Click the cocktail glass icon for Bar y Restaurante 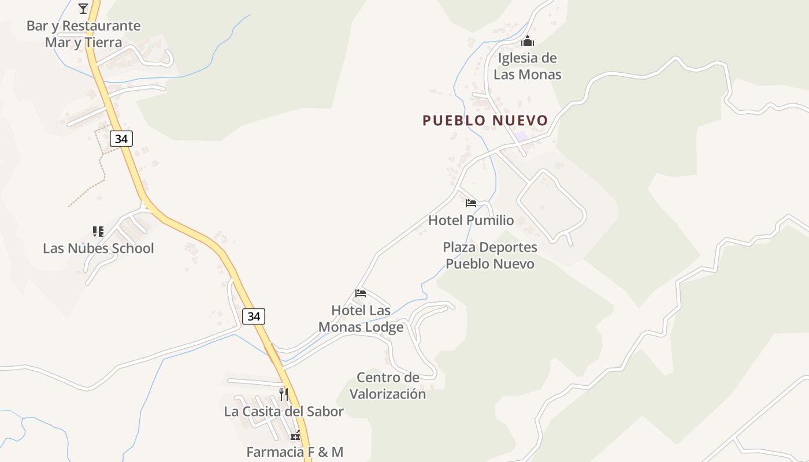pyautogui.click(x=83, y=8)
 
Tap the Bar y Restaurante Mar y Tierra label pyautogui.click(x=84, y=34)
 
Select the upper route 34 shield pyautogui.click(x=121, y=139)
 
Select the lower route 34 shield pyautogui.click(x=254, y=316)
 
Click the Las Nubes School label pyautogui.click(x=98, y=248)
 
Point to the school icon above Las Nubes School pyautogui.click(x=98, y=232)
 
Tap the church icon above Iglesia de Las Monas pyautogui.click(x=528, y=41)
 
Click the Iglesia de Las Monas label pyautogui.click(x=528, y=66)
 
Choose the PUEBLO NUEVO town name pyautogui.click(x=485, y=120)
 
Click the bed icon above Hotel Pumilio pyautogui.click(x=471, y=203)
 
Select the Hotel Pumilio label pyautogui.click(x=471, y=220)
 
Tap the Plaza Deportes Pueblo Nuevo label pyautogui.click(x=490, y=255)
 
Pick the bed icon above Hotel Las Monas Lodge pyautogui.click(x=361, y=293)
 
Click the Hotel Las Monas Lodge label pyautogui.click(x=361, y=319)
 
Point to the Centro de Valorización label pyautogui.click(x=388, y=386)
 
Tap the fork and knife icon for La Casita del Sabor pyautogui.click(x=284, y=394)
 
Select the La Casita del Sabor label pyautogui.click(x=284, y=411)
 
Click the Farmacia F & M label pyautogui.click(x=295, y=452)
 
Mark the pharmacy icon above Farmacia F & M pyautogui.click(x=295, y=435)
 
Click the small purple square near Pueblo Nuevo pyautogui.click(x=521, y=136)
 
